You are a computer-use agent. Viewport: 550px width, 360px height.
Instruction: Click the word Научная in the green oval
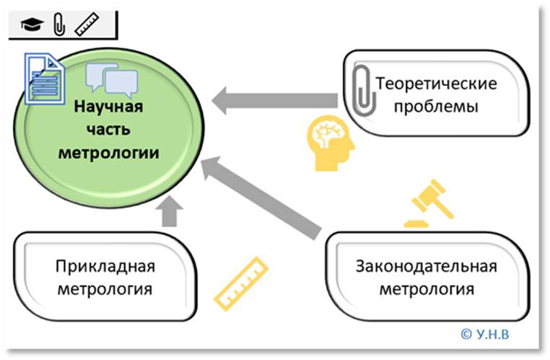[110, 107]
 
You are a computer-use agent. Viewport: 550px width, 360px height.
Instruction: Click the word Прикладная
[105, 267]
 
